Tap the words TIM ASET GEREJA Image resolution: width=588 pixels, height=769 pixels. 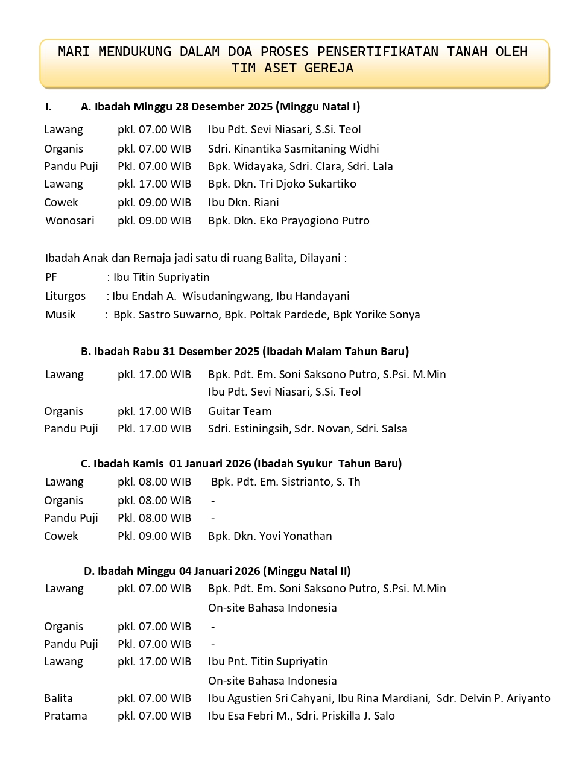[292, 68]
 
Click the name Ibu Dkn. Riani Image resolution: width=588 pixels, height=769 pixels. [243, 202]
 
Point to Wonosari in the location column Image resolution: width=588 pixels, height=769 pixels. [69, 220]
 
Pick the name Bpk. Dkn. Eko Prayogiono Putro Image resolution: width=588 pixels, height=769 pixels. [288, 220]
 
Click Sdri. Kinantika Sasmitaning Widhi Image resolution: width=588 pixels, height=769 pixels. [293, 148]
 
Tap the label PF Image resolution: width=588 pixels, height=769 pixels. [51, 277]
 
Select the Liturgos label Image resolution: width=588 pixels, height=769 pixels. [65, 296]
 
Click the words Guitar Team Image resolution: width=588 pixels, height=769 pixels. [239, 411]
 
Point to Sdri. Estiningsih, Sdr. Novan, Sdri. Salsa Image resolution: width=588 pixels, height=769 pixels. [308, 428]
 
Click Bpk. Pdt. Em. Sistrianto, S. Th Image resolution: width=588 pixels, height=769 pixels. [285, 481]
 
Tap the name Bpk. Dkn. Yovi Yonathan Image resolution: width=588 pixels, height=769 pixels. [270, 536]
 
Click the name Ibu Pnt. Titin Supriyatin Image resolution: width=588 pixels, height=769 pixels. [268, 661]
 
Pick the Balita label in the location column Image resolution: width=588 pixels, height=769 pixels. [58, 698]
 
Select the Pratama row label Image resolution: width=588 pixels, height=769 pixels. [65, 715]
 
